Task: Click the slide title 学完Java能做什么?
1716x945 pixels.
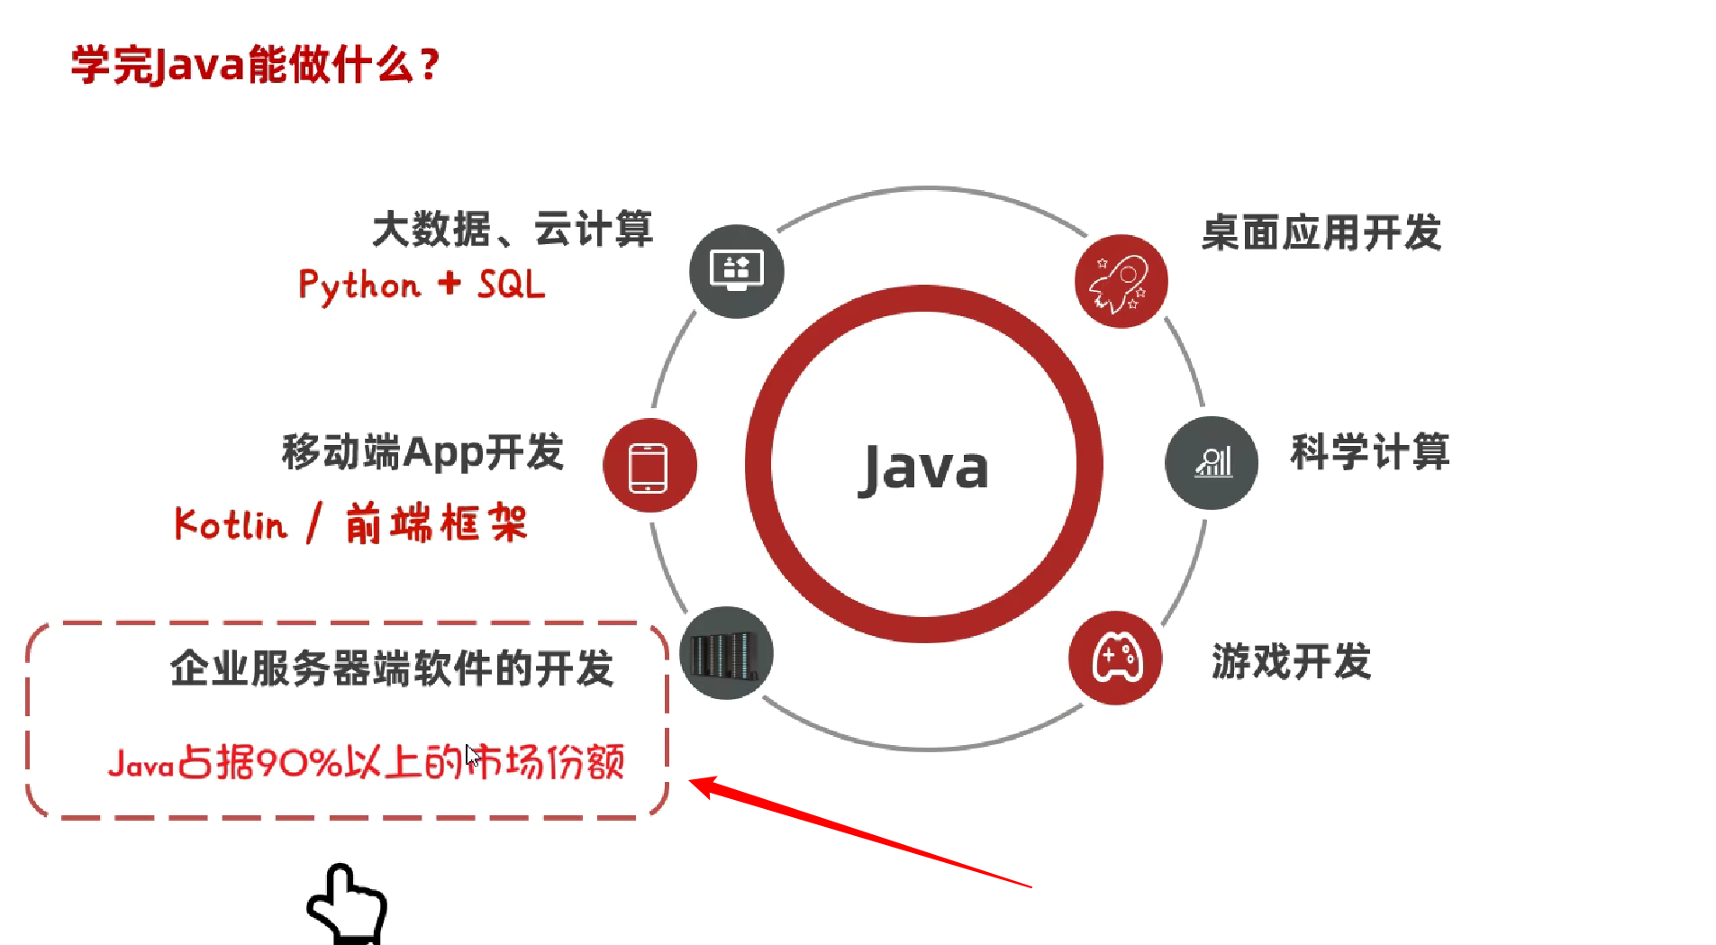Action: tap(255, 65)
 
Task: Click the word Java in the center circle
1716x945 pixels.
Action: tap(923, 468)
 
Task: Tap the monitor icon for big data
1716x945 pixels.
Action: tap(737, 270)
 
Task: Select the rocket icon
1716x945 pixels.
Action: tap(1121, 281)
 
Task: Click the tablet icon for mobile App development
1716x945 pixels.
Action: tap(649, 466)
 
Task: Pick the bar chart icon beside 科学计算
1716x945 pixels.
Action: tap(1212, 463)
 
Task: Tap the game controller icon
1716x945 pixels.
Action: tap(1115, 658)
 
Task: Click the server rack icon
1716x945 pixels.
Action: tap(726, 653)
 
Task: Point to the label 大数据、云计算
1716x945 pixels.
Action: tap(513, 229)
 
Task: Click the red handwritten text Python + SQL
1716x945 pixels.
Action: tap(422, 286)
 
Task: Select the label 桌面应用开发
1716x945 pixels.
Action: tap(1321, 232)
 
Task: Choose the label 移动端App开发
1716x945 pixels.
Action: tap(422, 451)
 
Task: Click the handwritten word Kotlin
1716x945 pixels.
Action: tap(231, 524)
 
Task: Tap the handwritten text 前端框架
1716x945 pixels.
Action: tap(436, 522)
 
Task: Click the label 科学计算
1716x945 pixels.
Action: tap(1369, 451)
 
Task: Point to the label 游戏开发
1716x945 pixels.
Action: tap(1291, 661)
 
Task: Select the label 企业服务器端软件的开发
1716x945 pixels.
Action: tap(392, 668)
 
